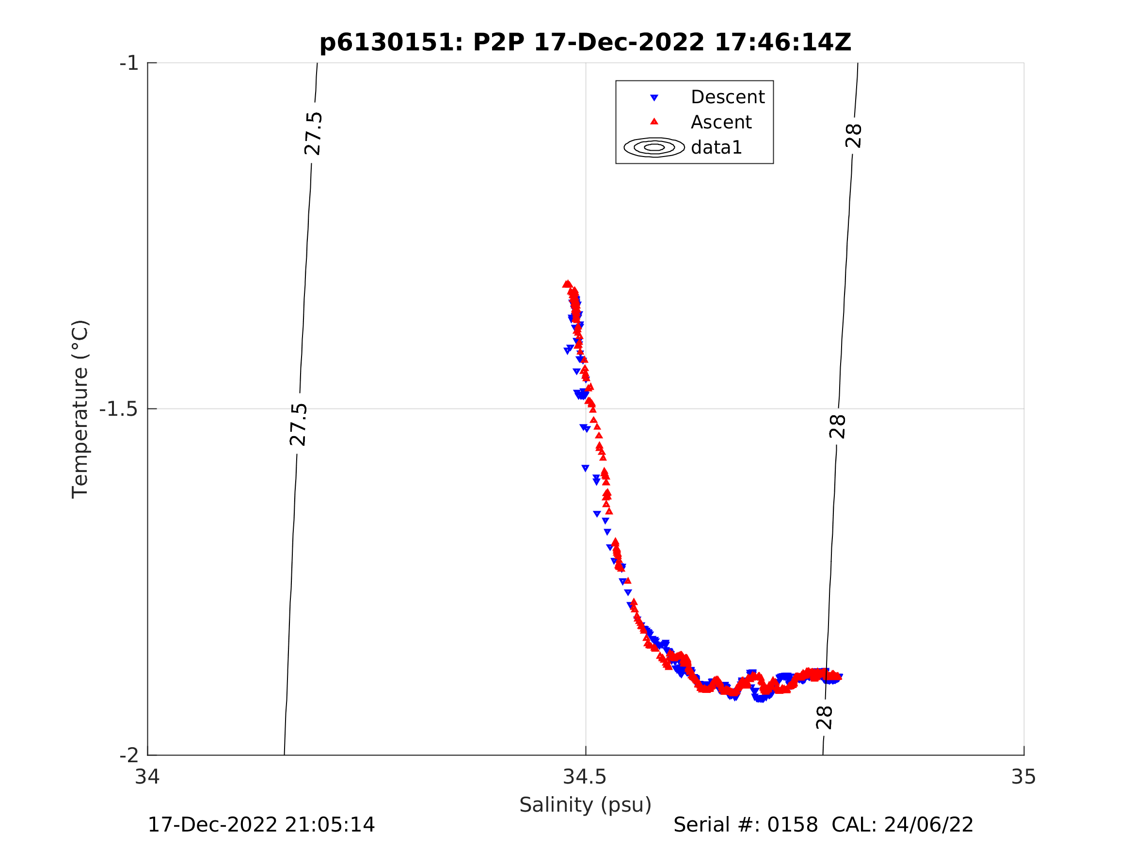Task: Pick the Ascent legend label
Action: coord(721,122)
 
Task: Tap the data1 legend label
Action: coord(716,148)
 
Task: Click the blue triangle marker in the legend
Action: coord(654,97)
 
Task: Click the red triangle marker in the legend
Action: coord(654,122)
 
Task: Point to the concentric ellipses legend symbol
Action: coord(654,147)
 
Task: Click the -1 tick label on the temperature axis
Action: coord(129,63)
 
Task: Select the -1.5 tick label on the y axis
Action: coord(119,409)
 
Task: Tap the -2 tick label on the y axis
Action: coord(129,755)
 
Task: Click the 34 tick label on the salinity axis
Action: coord(147,777)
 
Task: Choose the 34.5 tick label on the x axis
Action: coord(585,777)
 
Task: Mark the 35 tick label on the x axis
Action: coord(1024,777)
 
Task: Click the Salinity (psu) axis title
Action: coord(586,805)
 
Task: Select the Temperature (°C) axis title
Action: coord(80,409)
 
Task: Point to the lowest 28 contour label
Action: coord(824,718)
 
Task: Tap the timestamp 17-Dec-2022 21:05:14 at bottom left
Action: coord(261,825)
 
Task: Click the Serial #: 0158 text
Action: coord(746,825)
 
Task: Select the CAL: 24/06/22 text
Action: coord(903,825)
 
